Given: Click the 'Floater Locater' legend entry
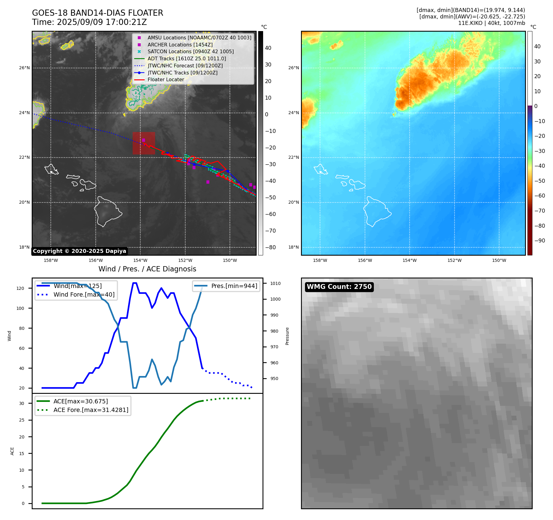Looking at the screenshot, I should point(166,80).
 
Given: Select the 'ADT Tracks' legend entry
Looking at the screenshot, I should point(186,58).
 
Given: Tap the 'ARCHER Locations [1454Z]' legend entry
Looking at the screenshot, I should point(180,45).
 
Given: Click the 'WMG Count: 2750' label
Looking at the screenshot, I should point(339,287).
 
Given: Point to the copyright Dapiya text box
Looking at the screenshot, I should point(79,251).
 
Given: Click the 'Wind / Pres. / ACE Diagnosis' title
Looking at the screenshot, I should point(147,269).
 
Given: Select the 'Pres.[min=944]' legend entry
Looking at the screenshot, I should point(234,286).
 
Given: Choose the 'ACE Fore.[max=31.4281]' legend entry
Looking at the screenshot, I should point(91,410).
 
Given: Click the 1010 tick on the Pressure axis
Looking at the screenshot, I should point(275,283).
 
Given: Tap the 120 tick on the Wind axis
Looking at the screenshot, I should point(20,288).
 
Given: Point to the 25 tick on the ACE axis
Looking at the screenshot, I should point(22,420).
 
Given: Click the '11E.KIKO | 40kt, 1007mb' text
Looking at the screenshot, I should point(491,23).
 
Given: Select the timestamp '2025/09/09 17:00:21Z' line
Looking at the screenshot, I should point(90,22).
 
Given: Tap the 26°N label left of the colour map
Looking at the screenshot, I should point(293,68).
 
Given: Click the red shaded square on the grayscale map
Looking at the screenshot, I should point(144,143).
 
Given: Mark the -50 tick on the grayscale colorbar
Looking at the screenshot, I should point(270,198).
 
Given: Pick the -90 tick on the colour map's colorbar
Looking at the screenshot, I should point(539,241).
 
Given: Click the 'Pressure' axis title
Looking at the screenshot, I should point(287,336).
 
